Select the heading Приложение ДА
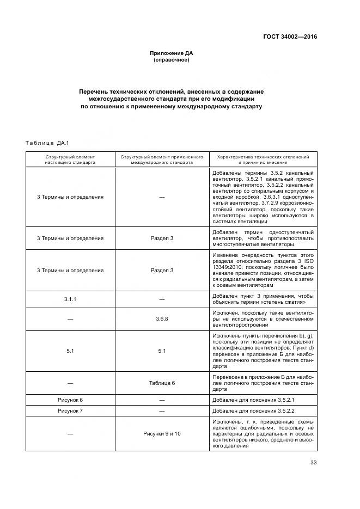point(172,53)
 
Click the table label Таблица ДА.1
point(46,143)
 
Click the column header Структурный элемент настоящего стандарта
point(70,159)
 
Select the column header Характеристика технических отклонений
point(263,159)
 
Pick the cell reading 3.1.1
point(70,299)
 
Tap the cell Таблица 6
point(162,383)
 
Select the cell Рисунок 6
point(70,400)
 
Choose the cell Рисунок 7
point(70,410)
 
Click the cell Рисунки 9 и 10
point(162,433)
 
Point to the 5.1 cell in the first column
point(70,351)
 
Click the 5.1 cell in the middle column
point(162,351)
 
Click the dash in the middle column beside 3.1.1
point(162,299)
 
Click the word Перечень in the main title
point(93,91)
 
